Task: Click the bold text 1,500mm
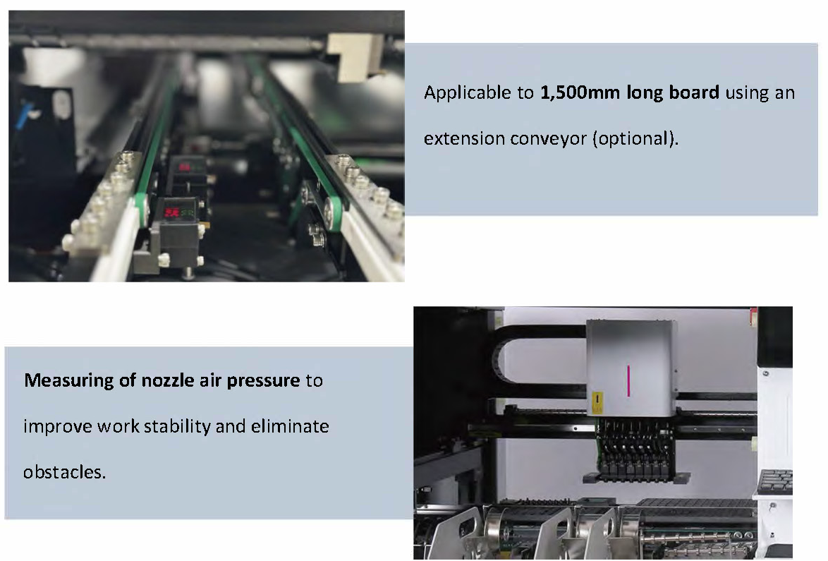pos(579,93)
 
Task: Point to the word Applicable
pos(468,93)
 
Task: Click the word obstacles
pos(64,471)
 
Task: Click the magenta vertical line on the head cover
pos(628,380)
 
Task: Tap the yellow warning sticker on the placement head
pos(597,403)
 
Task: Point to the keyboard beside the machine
pos(774,481)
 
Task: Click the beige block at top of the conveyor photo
pos(354,58)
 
